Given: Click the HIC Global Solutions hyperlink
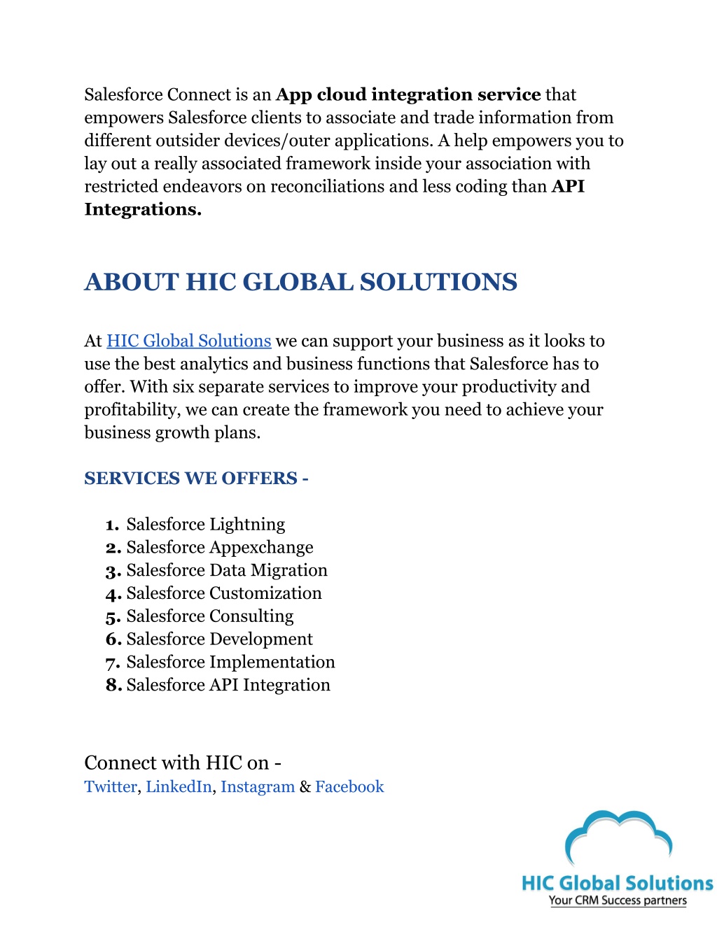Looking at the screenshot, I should click(188, 341).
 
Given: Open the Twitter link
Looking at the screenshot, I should click(110, 786).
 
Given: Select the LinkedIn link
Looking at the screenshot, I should click(179, 786).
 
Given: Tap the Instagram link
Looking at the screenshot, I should click(257, 786).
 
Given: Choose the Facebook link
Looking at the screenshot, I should click(349, 786).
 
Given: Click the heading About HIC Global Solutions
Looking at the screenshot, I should click(300, 282).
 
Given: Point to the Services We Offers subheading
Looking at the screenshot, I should click(196, 479).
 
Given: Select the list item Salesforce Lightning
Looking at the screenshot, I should click(205, 524).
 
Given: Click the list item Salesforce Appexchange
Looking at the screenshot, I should click(219, 547).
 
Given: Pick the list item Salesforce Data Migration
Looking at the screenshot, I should click(226, 570).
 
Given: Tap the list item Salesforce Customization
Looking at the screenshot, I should click(223, 593).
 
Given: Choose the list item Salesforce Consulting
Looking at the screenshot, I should click(209, 616).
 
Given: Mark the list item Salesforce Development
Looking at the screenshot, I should click(219, 639).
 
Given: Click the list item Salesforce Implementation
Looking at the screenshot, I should click(230, 662).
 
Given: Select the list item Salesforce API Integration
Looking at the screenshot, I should click(228, 685).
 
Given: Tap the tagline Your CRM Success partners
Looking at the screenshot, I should click(618, 900).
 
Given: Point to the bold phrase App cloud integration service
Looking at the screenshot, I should click(408, 94).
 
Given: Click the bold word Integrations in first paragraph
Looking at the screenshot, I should click(142, 209).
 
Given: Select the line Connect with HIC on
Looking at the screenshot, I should click(182, 763).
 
